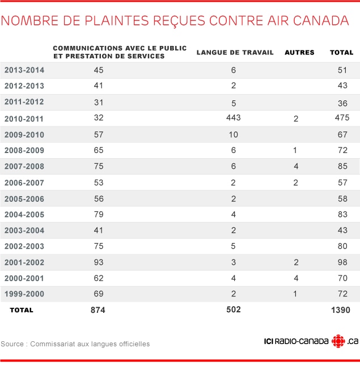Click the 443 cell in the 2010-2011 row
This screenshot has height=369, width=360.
[x=234, y=117]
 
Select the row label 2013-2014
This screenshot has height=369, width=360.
[x=24, y=70]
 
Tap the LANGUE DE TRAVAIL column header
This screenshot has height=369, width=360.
[x=235, y=52]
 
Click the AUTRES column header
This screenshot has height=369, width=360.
[x=299, y=52]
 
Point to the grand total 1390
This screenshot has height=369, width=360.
[x=341, y=310]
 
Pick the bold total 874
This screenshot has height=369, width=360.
[x=98, y=310]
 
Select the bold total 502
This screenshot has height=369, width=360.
[x=234, y=309]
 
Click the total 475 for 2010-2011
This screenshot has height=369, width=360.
[x=342, y=117]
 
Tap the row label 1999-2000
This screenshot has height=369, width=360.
[x=24, y=294]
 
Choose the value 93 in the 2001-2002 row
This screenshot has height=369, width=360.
[x=99, y=262]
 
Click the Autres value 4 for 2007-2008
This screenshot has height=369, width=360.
[x=296, y=167]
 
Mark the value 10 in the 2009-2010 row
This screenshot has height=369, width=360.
[x=234, y=134]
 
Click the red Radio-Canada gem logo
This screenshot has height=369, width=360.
[x=338, y=341]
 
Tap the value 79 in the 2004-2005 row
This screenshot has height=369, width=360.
[x=99, y=214]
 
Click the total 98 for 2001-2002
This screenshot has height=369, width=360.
[x=342, y=262]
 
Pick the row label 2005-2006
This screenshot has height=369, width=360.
[x=24, y=199]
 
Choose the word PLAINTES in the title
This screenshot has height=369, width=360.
[x=117, y=20]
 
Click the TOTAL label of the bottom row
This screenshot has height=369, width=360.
[x=22, y=310]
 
